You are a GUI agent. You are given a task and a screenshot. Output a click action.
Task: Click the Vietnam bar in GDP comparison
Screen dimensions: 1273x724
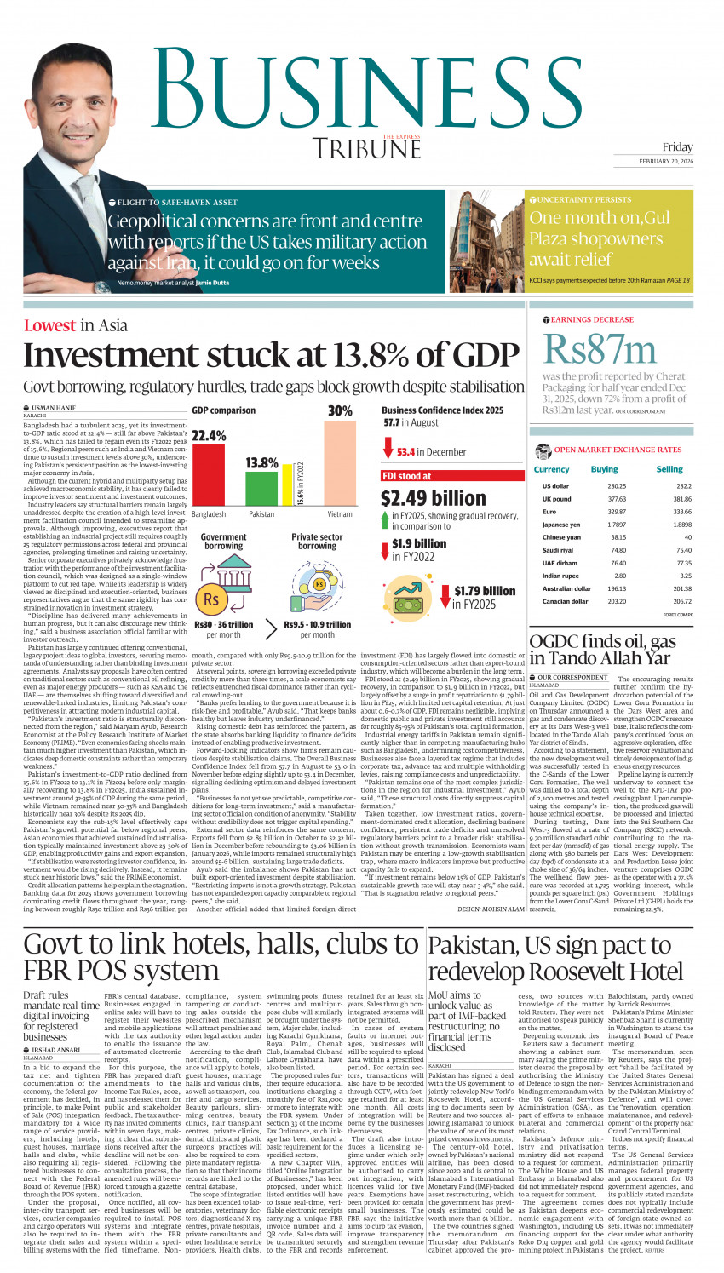(x=340, y=464)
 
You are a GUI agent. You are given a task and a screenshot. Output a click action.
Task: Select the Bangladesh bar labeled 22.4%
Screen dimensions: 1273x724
(x=209, y=477)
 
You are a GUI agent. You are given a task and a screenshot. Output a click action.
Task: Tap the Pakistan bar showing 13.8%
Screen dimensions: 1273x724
(x=261, y=489)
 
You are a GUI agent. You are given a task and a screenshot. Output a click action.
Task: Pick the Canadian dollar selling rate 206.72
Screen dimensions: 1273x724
(x=682, y=601)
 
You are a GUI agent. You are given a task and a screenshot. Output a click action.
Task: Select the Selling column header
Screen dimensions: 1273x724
(x=669, y=469)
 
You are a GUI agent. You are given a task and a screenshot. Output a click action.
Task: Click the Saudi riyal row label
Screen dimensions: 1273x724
(x=557, y=550)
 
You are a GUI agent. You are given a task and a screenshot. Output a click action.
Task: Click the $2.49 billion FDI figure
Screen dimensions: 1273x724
(x=433, y=498)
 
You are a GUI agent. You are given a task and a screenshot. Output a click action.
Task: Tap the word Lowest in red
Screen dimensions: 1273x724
(x=49, y=325)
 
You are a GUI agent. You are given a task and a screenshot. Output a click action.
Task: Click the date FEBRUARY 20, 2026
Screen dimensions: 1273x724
(x=665, y=161)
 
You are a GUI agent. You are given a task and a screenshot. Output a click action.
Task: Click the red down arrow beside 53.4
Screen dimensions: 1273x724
(x=388, y=448)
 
